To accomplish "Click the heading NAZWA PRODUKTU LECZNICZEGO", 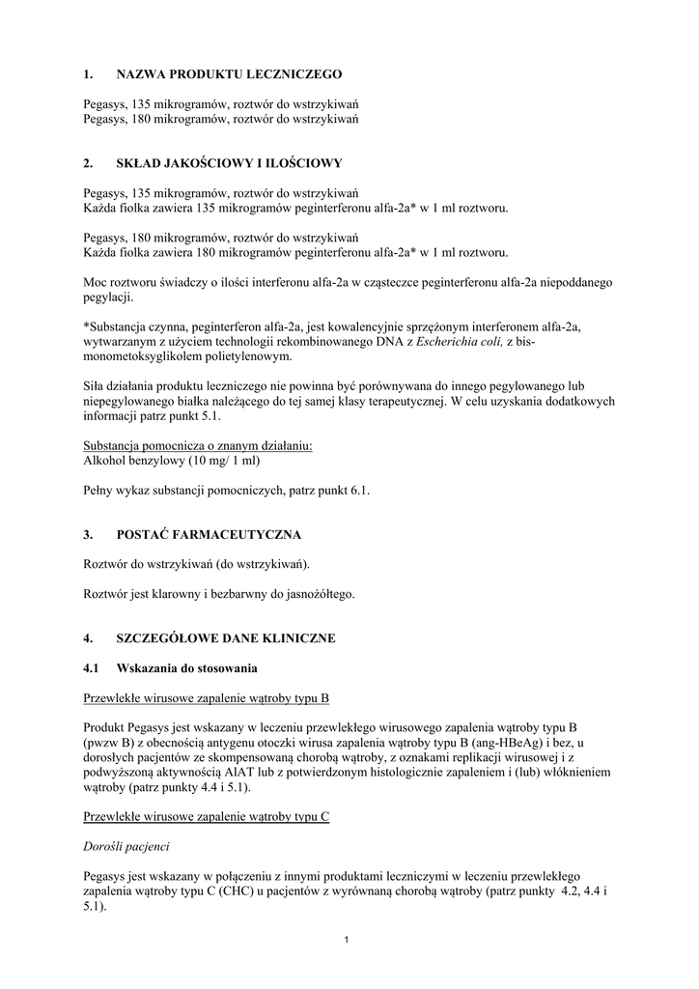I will pos(229,73).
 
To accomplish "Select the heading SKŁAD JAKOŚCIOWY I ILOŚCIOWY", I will pos(230,162).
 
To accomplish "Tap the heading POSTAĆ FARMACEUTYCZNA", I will pos(209,534).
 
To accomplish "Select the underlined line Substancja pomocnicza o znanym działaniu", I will pos(198,445).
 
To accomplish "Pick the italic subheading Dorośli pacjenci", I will pos(126,846).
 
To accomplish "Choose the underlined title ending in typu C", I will pos(207,816).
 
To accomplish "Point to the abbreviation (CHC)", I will pos(243,891).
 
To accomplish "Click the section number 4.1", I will pos(92,667).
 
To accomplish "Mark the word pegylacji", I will pos(108,297).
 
